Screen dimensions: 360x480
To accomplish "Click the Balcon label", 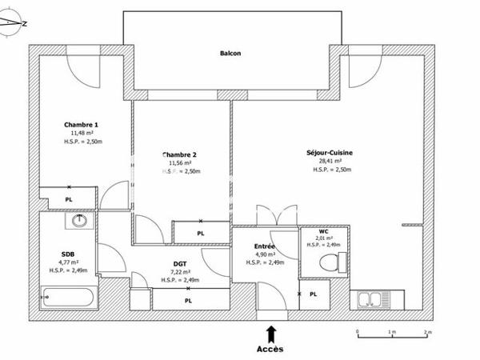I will [230, 54].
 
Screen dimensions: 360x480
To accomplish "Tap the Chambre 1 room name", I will [81, 125].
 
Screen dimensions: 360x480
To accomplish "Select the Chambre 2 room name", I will [179, 154].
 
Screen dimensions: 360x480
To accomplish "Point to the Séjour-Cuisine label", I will [330, 152].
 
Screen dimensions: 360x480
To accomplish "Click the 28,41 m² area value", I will [330, 160].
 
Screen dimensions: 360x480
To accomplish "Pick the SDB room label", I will [67, 254].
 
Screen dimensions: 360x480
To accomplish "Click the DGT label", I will [180, 263].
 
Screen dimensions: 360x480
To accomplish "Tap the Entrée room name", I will [265, 246].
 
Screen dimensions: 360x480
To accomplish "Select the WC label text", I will [323, 230].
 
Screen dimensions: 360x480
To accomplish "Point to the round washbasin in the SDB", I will [79, 220].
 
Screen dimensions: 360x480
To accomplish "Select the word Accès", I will [270, 349].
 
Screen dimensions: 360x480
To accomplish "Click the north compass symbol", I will [14, 24].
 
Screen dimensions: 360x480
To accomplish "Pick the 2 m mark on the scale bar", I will [427, 330].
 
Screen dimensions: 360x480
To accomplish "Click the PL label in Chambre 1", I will [69, 199].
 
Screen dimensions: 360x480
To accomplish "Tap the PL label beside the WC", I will [314, 294].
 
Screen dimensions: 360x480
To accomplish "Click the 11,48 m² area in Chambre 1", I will [81, 133].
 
